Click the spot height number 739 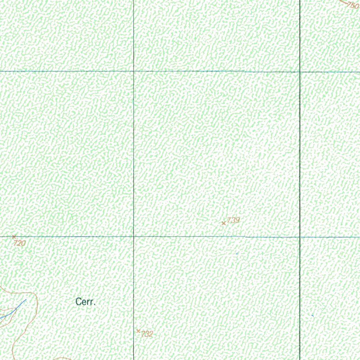233,220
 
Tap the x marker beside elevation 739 224,223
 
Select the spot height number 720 20,243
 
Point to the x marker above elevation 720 14,237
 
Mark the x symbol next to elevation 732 138,331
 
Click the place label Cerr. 86,302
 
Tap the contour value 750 353,5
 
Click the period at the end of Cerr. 95,304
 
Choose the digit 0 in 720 23,243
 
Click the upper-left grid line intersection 134,71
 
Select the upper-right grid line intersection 300,72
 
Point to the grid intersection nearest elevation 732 134,237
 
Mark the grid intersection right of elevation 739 300,237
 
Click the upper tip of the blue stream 26,300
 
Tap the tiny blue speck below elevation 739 237,253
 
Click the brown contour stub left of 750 343,2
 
